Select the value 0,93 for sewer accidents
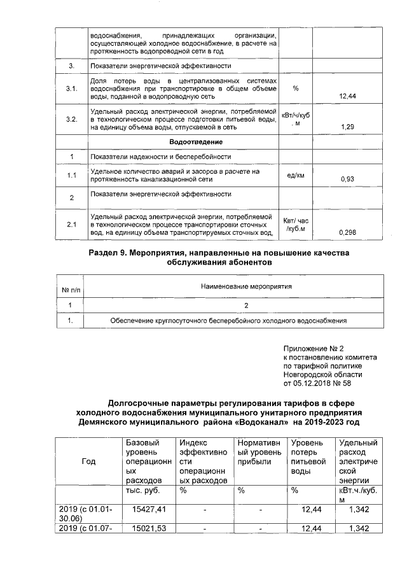point(347,179)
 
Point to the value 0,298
point(347,232)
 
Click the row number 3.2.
point(72,119)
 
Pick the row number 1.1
point(72,175)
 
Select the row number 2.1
point(72,224)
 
